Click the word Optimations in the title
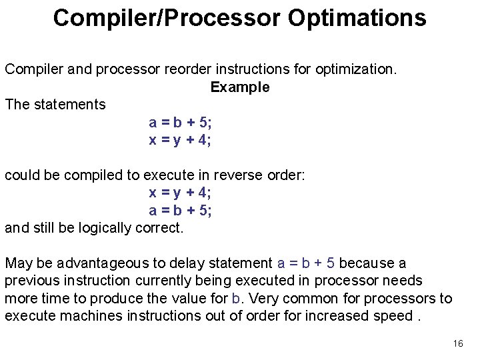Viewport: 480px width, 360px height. [x=357, y=18]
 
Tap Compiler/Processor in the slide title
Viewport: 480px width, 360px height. [x=167, y=18]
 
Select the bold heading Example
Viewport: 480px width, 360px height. [x=240, y=87]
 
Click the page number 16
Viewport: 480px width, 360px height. [x=457, y=343]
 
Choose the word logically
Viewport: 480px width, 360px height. [x=105, y=227]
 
